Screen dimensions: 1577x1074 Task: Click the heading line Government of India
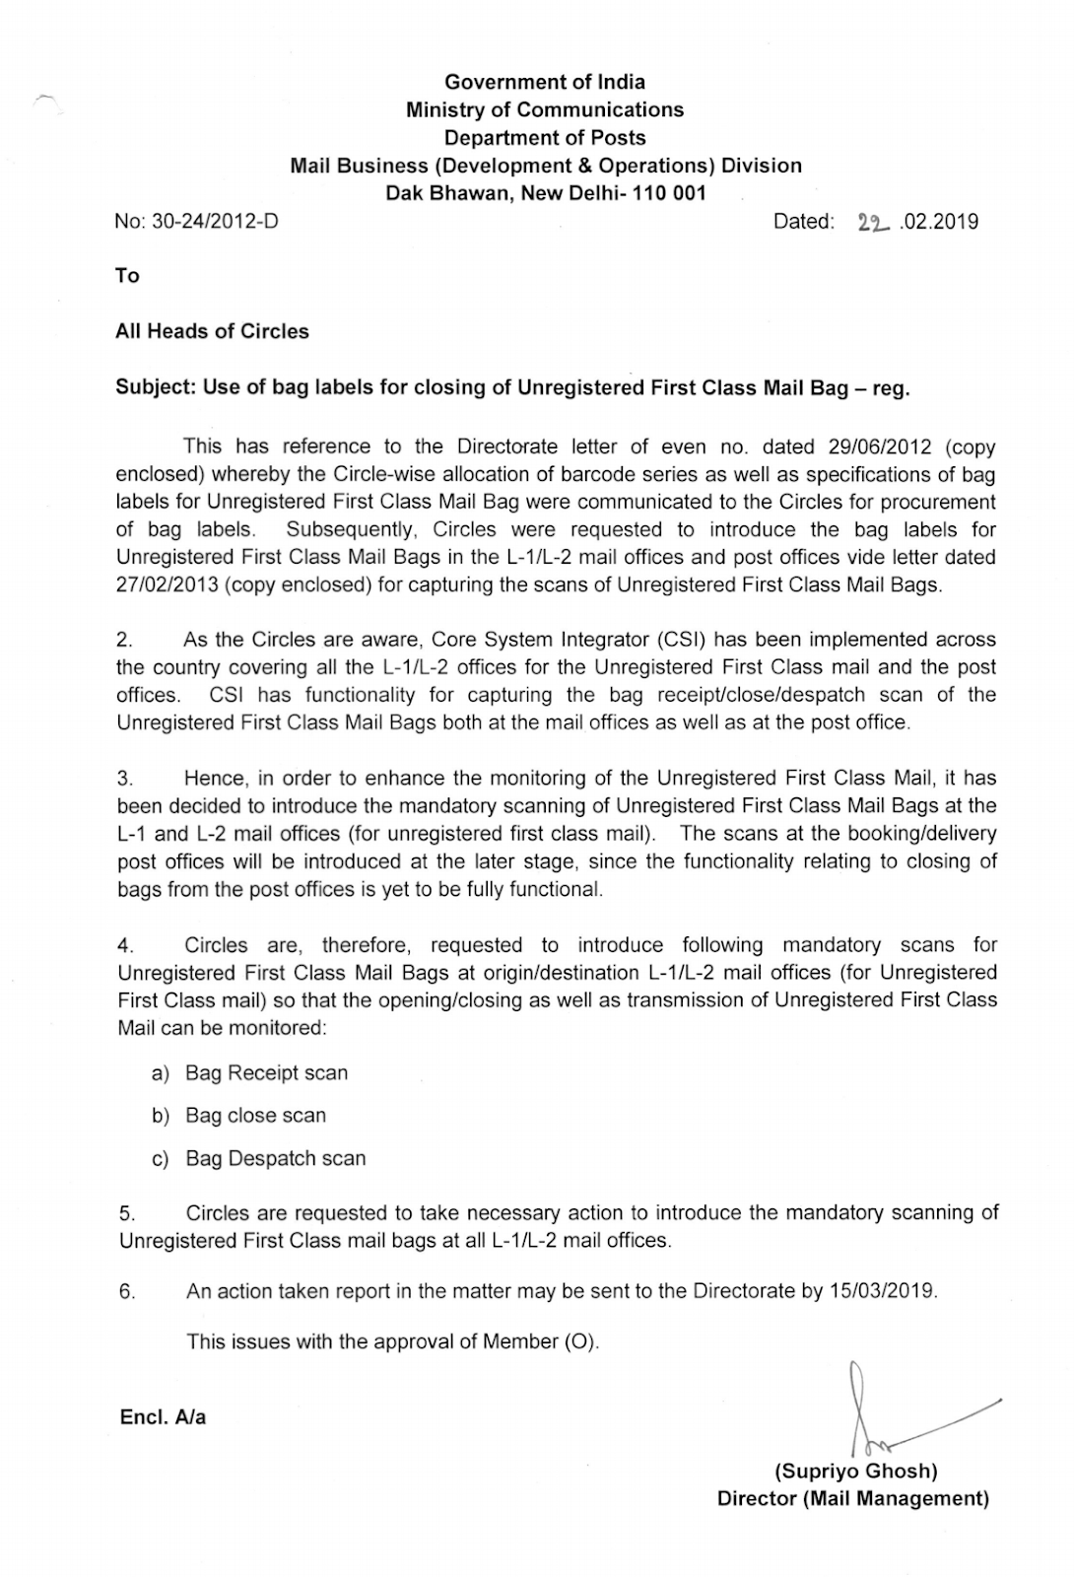545,82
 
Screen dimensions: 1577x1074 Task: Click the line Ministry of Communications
545,109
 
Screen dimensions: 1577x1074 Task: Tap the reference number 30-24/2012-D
214,222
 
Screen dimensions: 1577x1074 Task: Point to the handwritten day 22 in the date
873,224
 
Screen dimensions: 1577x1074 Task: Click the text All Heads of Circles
212,331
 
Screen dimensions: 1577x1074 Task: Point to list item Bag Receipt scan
266,1073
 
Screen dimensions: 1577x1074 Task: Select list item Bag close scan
255,1116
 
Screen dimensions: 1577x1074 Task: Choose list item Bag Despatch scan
275,1159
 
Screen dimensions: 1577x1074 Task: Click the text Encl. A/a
163,1418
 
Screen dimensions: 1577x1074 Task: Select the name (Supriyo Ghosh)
855,1472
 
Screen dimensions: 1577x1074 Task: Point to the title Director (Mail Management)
852,1499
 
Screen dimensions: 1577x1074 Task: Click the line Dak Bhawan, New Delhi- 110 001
545,193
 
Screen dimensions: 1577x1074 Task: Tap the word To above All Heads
127,276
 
